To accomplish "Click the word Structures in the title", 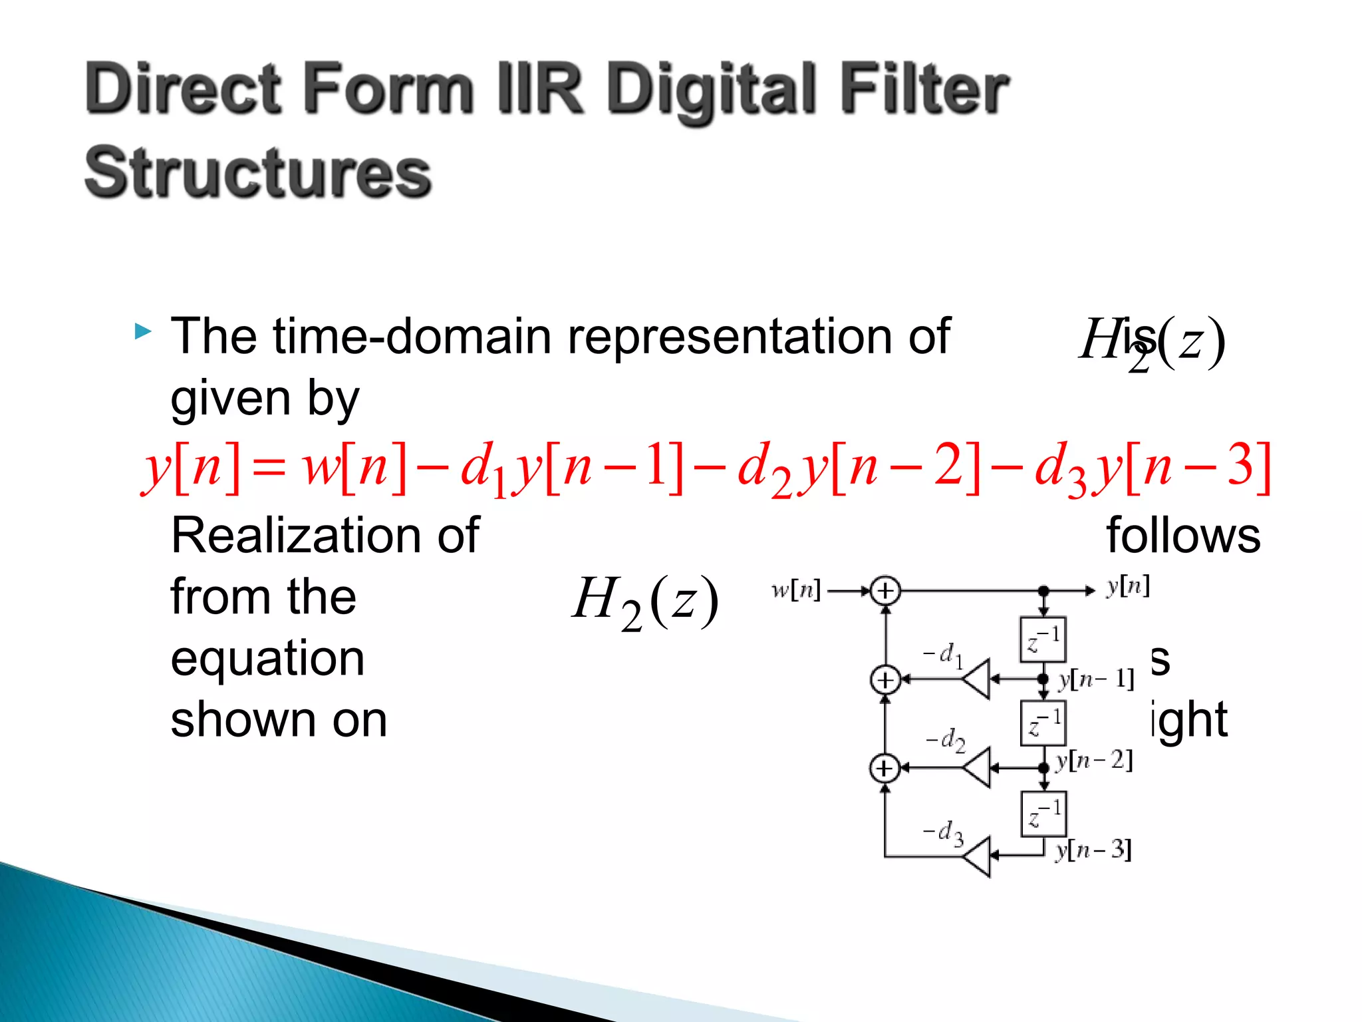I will point(258,172).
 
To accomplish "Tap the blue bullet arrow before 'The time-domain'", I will point(142,331).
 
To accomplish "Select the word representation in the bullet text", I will point(666,337).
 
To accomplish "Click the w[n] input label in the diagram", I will point(796,590).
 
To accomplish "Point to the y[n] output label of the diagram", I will point(1128,586).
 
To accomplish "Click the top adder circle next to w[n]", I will point(885,591).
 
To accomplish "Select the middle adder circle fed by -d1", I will point(885,679).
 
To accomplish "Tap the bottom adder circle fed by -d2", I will point(885,768).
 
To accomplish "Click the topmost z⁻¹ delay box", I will point(1043,639).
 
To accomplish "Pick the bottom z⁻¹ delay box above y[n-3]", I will point(1043,813).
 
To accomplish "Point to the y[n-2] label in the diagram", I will point(1094,760).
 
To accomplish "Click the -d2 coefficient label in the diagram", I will point(946,739).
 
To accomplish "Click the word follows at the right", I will point(1182,536).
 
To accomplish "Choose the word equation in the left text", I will point(267,659).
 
